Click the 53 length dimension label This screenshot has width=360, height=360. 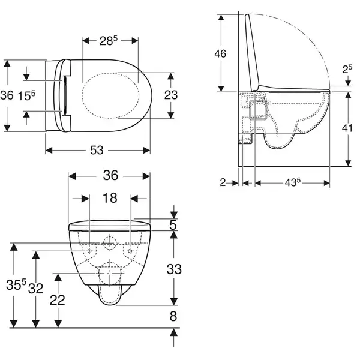pyautogui.click(x=97, y=151)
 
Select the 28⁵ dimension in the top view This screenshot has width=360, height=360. pyautogui.click(x=109, y=41)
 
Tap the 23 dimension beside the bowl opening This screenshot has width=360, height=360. pyautogui.click(x=171, y=95)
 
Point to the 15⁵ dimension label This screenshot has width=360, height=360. pyautogui.click(x=26, y=95)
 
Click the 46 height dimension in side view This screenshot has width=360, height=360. pyautogui.click(x=220, y=53)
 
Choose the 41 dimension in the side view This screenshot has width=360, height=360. pyautogui.click(x=347, y=128)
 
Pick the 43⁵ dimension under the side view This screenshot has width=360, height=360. pyautogui.click(x=293, y=183)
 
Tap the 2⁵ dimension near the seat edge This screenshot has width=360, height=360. pyautogui.click(x=347, y=70)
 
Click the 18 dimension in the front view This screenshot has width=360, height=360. pyautogui.click(x=110, y=198)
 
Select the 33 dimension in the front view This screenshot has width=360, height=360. pyautogui.click(x=174, y=269)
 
